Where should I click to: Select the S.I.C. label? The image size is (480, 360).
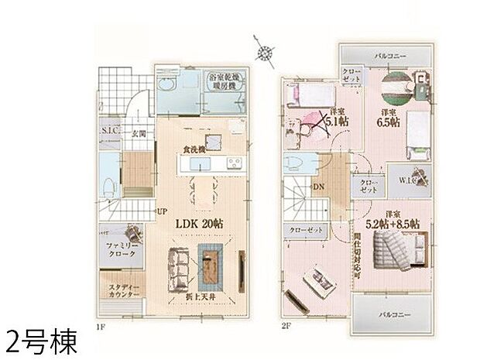(108, 131)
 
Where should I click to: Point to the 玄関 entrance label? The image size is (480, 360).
(139, 133)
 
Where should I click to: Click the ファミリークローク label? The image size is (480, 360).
(118, 249)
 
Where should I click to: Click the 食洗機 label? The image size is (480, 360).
(194, 149)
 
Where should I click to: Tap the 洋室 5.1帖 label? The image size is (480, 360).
(336, 117)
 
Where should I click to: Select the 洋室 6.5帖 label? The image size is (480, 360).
(388, 117)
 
